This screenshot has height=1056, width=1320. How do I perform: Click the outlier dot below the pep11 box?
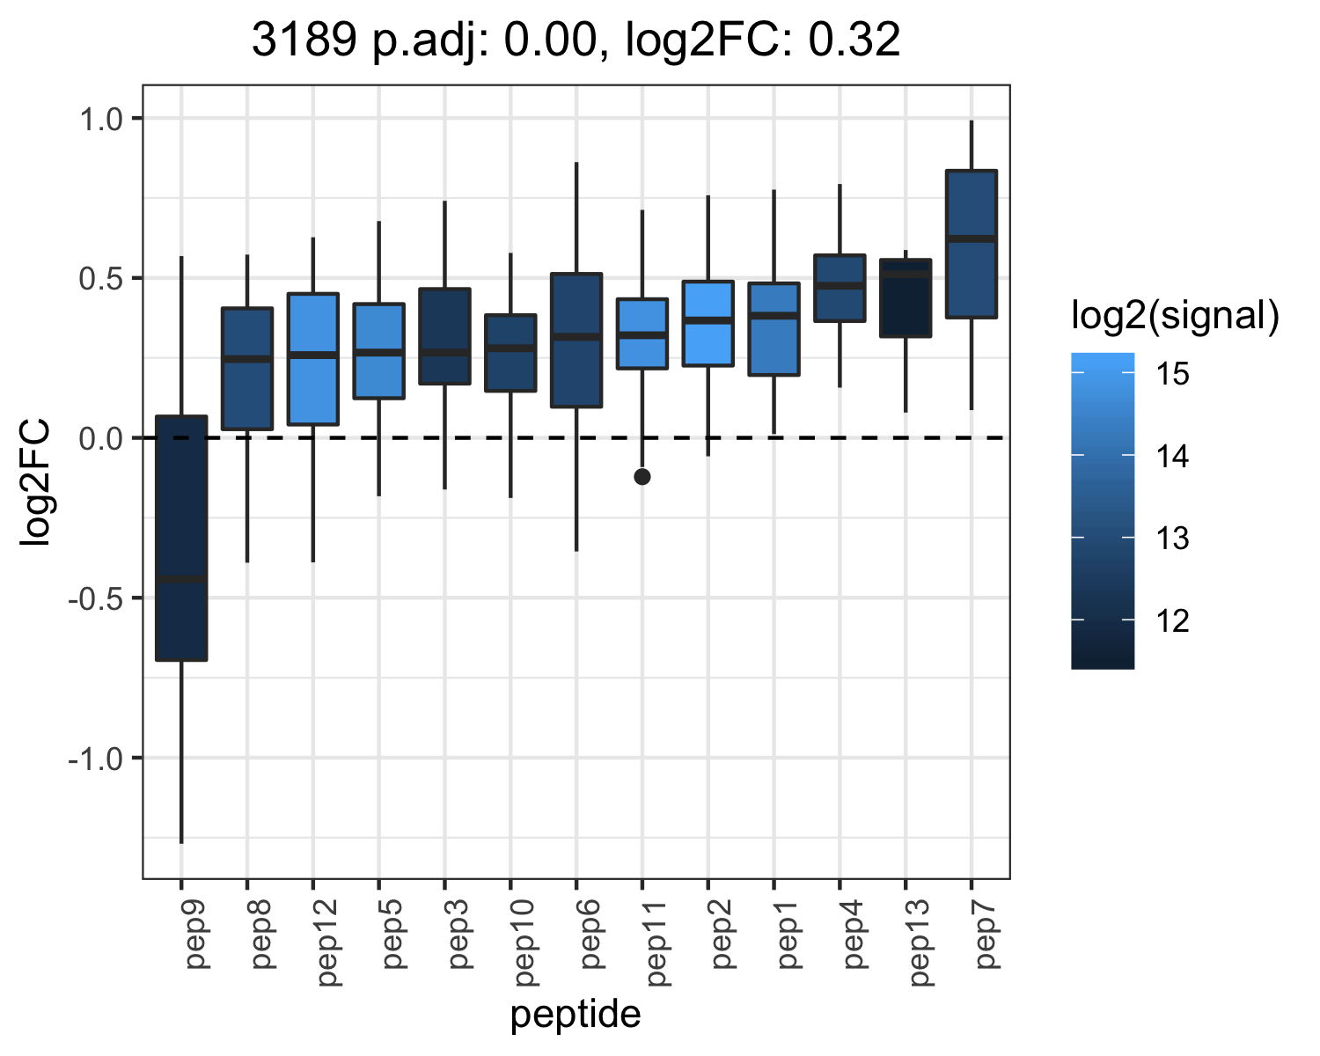(642, 476)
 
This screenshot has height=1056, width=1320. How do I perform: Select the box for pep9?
(181, 539)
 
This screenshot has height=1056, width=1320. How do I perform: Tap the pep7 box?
(971, 244)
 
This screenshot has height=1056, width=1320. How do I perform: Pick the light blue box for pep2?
(708, 323)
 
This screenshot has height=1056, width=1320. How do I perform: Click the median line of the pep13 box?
(906, 275)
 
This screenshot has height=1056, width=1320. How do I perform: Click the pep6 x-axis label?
(590, 934)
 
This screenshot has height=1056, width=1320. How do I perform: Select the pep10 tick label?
(524, 942)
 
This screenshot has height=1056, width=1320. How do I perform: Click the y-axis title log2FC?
(34, 481)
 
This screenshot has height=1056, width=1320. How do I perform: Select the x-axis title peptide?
(576, 1014)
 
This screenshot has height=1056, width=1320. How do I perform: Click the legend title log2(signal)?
(1176, 315)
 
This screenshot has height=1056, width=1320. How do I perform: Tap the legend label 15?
(1172, 373)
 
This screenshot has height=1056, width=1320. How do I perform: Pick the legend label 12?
(1172, 620)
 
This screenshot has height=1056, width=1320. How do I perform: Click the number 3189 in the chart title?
(304, 40)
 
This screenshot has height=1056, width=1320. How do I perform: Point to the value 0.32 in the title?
(854, 40)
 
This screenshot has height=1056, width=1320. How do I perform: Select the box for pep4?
(840, 288)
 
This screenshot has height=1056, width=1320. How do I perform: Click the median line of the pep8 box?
(247, 358)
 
